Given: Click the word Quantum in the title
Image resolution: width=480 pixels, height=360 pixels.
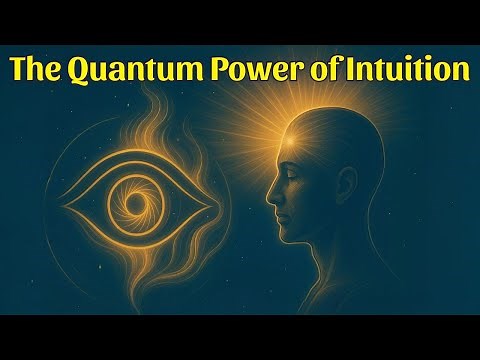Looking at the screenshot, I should tap(131, 71).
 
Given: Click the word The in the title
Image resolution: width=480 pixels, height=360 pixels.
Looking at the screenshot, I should tap(39, 71).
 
